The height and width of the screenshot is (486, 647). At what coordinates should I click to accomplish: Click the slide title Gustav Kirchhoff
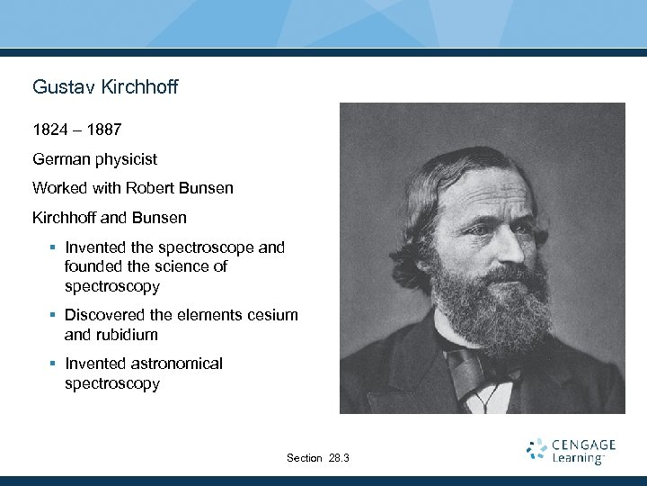(x=105, y=87)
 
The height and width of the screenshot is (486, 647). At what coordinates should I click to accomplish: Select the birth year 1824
(x=51, y=130)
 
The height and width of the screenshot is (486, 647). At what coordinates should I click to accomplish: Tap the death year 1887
(x=102, y=130)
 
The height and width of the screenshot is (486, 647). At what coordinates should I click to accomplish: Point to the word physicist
(x=127, y=159)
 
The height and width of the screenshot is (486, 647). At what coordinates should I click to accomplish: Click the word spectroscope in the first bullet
(x=196, y=247)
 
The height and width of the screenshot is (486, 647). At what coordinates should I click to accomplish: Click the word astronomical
(x=175, y=364)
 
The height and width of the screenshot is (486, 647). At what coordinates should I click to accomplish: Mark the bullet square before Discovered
(x=54, y=315)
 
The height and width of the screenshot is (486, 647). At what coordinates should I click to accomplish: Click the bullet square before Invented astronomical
(x=54, y=364)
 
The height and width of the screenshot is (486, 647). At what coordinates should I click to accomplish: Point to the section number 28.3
(x=340, y=458)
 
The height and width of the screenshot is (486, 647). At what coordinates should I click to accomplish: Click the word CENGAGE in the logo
(x=584, y=445)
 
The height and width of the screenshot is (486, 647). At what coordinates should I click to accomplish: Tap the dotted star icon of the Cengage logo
(x=536, y=450)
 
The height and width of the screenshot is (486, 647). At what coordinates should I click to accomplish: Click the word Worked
(x=59, y=188)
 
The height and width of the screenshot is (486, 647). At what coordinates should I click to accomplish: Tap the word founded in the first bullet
(x=94, y=266)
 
